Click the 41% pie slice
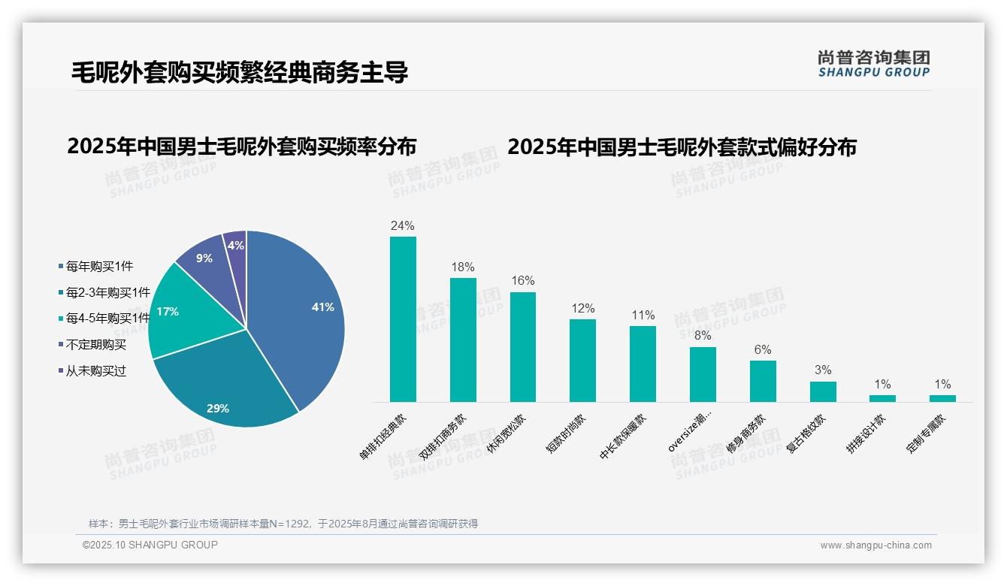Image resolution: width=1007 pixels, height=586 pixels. pyautogui.click(x=301, y=308)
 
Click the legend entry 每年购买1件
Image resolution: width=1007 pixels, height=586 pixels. pyautogui.click(x=99, y=266)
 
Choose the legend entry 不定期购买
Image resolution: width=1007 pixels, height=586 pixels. pyautogui.click(x=96, y=345)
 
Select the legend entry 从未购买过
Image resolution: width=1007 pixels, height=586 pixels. pyautogui.click(x=96, y=371)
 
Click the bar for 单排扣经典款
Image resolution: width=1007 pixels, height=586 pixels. pyautogui.click(x=403, y=319)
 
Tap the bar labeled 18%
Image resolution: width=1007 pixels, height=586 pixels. pyautogui.click(x=463, y=340)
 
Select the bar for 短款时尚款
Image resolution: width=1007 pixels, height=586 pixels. pyautogui.click(x=582, y=361)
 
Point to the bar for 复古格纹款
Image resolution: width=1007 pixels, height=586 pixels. pyautogui.click(x=823, y=391)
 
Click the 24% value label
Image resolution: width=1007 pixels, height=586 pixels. pyautogui.click(x=403, y=225)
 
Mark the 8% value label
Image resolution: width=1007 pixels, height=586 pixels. pyautogui.click(x=703, y=336)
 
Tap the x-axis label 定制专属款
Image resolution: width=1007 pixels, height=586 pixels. pyautogui.click(x=927, y=435)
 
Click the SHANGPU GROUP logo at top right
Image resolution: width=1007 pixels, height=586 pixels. pyautogui.click(x=874, y=64)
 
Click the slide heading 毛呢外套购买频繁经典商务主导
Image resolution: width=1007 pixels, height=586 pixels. pyautogui.click(x=240, y=72)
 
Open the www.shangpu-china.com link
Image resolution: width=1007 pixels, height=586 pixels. pyautogui.click(x=875, y=545)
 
